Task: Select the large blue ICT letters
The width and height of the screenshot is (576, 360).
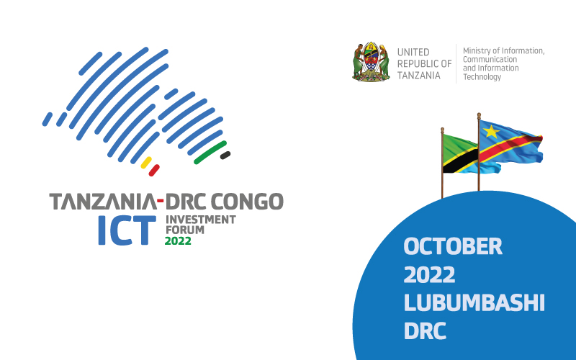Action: coord(127,230)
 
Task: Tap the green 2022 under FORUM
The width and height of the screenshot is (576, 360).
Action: coord(178,241)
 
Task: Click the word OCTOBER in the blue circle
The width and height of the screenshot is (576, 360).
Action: coord(453,247)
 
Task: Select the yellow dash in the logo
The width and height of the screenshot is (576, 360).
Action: coord(145,162)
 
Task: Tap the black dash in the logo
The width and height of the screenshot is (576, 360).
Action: coord(225,155)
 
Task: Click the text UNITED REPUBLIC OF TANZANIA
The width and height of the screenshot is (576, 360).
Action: coord(424,63)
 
